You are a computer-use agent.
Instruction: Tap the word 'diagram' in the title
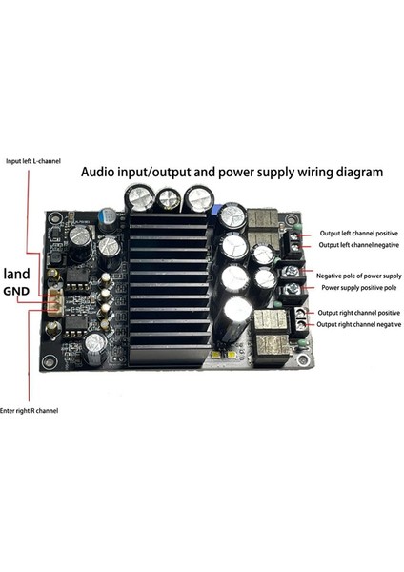(x=355, y=174)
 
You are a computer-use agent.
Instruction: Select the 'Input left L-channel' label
(x=32, y=161)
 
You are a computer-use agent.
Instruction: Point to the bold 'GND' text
(x=20, y=292)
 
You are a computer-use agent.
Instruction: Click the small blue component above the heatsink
(x=217, y=210)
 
